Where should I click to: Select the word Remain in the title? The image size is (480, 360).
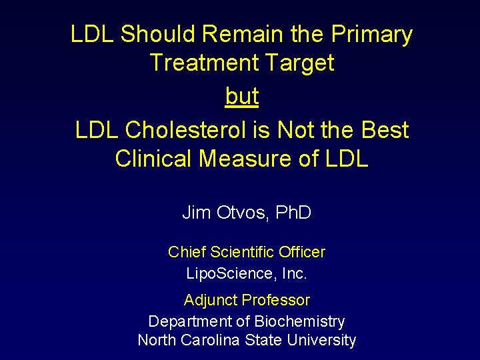(233, 34)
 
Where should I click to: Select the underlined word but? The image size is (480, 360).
(241, 97)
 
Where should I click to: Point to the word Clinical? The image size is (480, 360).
(156, 159)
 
